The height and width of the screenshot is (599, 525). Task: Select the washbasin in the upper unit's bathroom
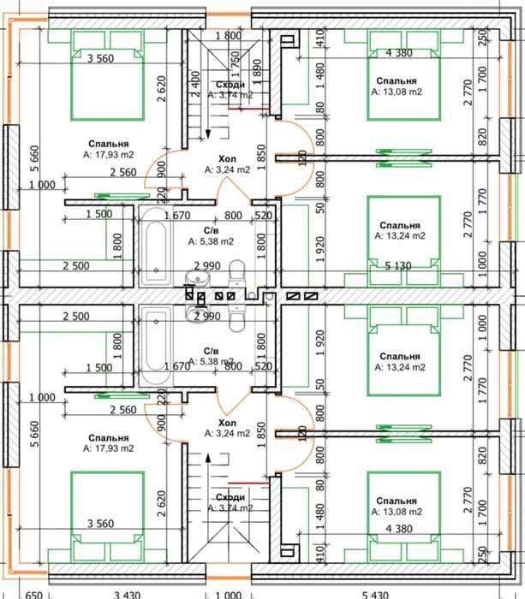coord(195,276)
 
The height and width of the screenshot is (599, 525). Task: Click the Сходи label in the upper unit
coord(230,85)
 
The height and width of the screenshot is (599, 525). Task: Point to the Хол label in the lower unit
coord(227,423)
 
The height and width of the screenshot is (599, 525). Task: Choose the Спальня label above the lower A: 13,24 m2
coord(398,356)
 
